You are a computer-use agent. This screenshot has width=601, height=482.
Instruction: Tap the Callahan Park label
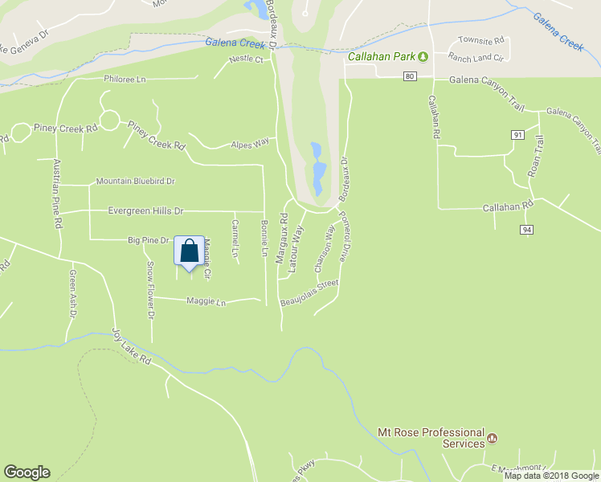tap(380, 57)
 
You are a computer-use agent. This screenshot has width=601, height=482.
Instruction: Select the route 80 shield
tap(410, 76)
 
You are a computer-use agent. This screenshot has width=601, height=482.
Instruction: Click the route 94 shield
tap(526, 230)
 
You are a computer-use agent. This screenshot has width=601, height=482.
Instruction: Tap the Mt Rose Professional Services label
tap(431, 438)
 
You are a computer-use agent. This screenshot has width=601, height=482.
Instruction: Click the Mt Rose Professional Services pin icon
tap(493, 439)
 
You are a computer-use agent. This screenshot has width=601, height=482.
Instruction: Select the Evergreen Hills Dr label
tap(145, 210)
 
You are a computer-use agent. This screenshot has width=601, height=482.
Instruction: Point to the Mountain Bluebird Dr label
tap(135, 182)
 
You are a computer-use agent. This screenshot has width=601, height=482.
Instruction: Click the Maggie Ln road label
tap(206, 302)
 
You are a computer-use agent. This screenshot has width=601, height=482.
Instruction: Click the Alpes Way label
tap(249, 144)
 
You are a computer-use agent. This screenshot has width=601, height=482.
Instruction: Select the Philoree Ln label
tap(125, 80)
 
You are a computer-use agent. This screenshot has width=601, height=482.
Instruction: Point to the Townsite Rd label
tap(480, 39)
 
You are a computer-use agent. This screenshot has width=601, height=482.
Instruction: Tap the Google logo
tap(27, 472)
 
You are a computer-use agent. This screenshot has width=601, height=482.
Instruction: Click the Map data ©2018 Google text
tap(551, 476)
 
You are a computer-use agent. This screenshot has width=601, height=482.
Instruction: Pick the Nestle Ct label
tap(246, 59)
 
